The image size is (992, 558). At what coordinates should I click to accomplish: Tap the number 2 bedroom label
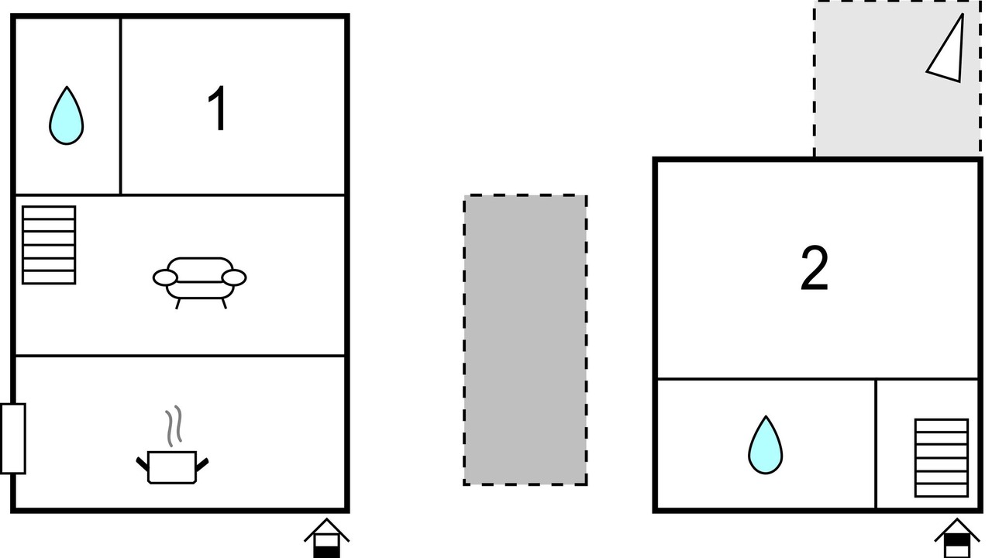[815, 269]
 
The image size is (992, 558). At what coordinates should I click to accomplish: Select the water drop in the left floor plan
[67, 116]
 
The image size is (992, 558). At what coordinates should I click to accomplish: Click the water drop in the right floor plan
[765, 445]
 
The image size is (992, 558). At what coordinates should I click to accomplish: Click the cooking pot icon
[173, 467]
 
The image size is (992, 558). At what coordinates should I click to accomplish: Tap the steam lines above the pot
[174, 425]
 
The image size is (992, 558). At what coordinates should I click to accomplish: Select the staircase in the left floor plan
[49, 245]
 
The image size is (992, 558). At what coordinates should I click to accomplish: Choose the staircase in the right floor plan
[941, 458]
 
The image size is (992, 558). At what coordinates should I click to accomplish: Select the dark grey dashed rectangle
[525, 339]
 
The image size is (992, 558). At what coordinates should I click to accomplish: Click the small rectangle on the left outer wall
[12, 438]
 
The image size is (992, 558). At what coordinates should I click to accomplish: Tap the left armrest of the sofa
[165, 277]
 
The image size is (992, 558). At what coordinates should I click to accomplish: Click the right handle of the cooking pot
[203, 463]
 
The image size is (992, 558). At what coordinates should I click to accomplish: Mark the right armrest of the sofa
[234, 277]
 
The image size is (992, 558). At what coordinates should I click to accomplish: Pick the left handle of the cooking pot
[142, 463]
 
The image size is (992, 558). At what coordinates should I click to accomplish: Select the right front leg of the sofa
[225, 304]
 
